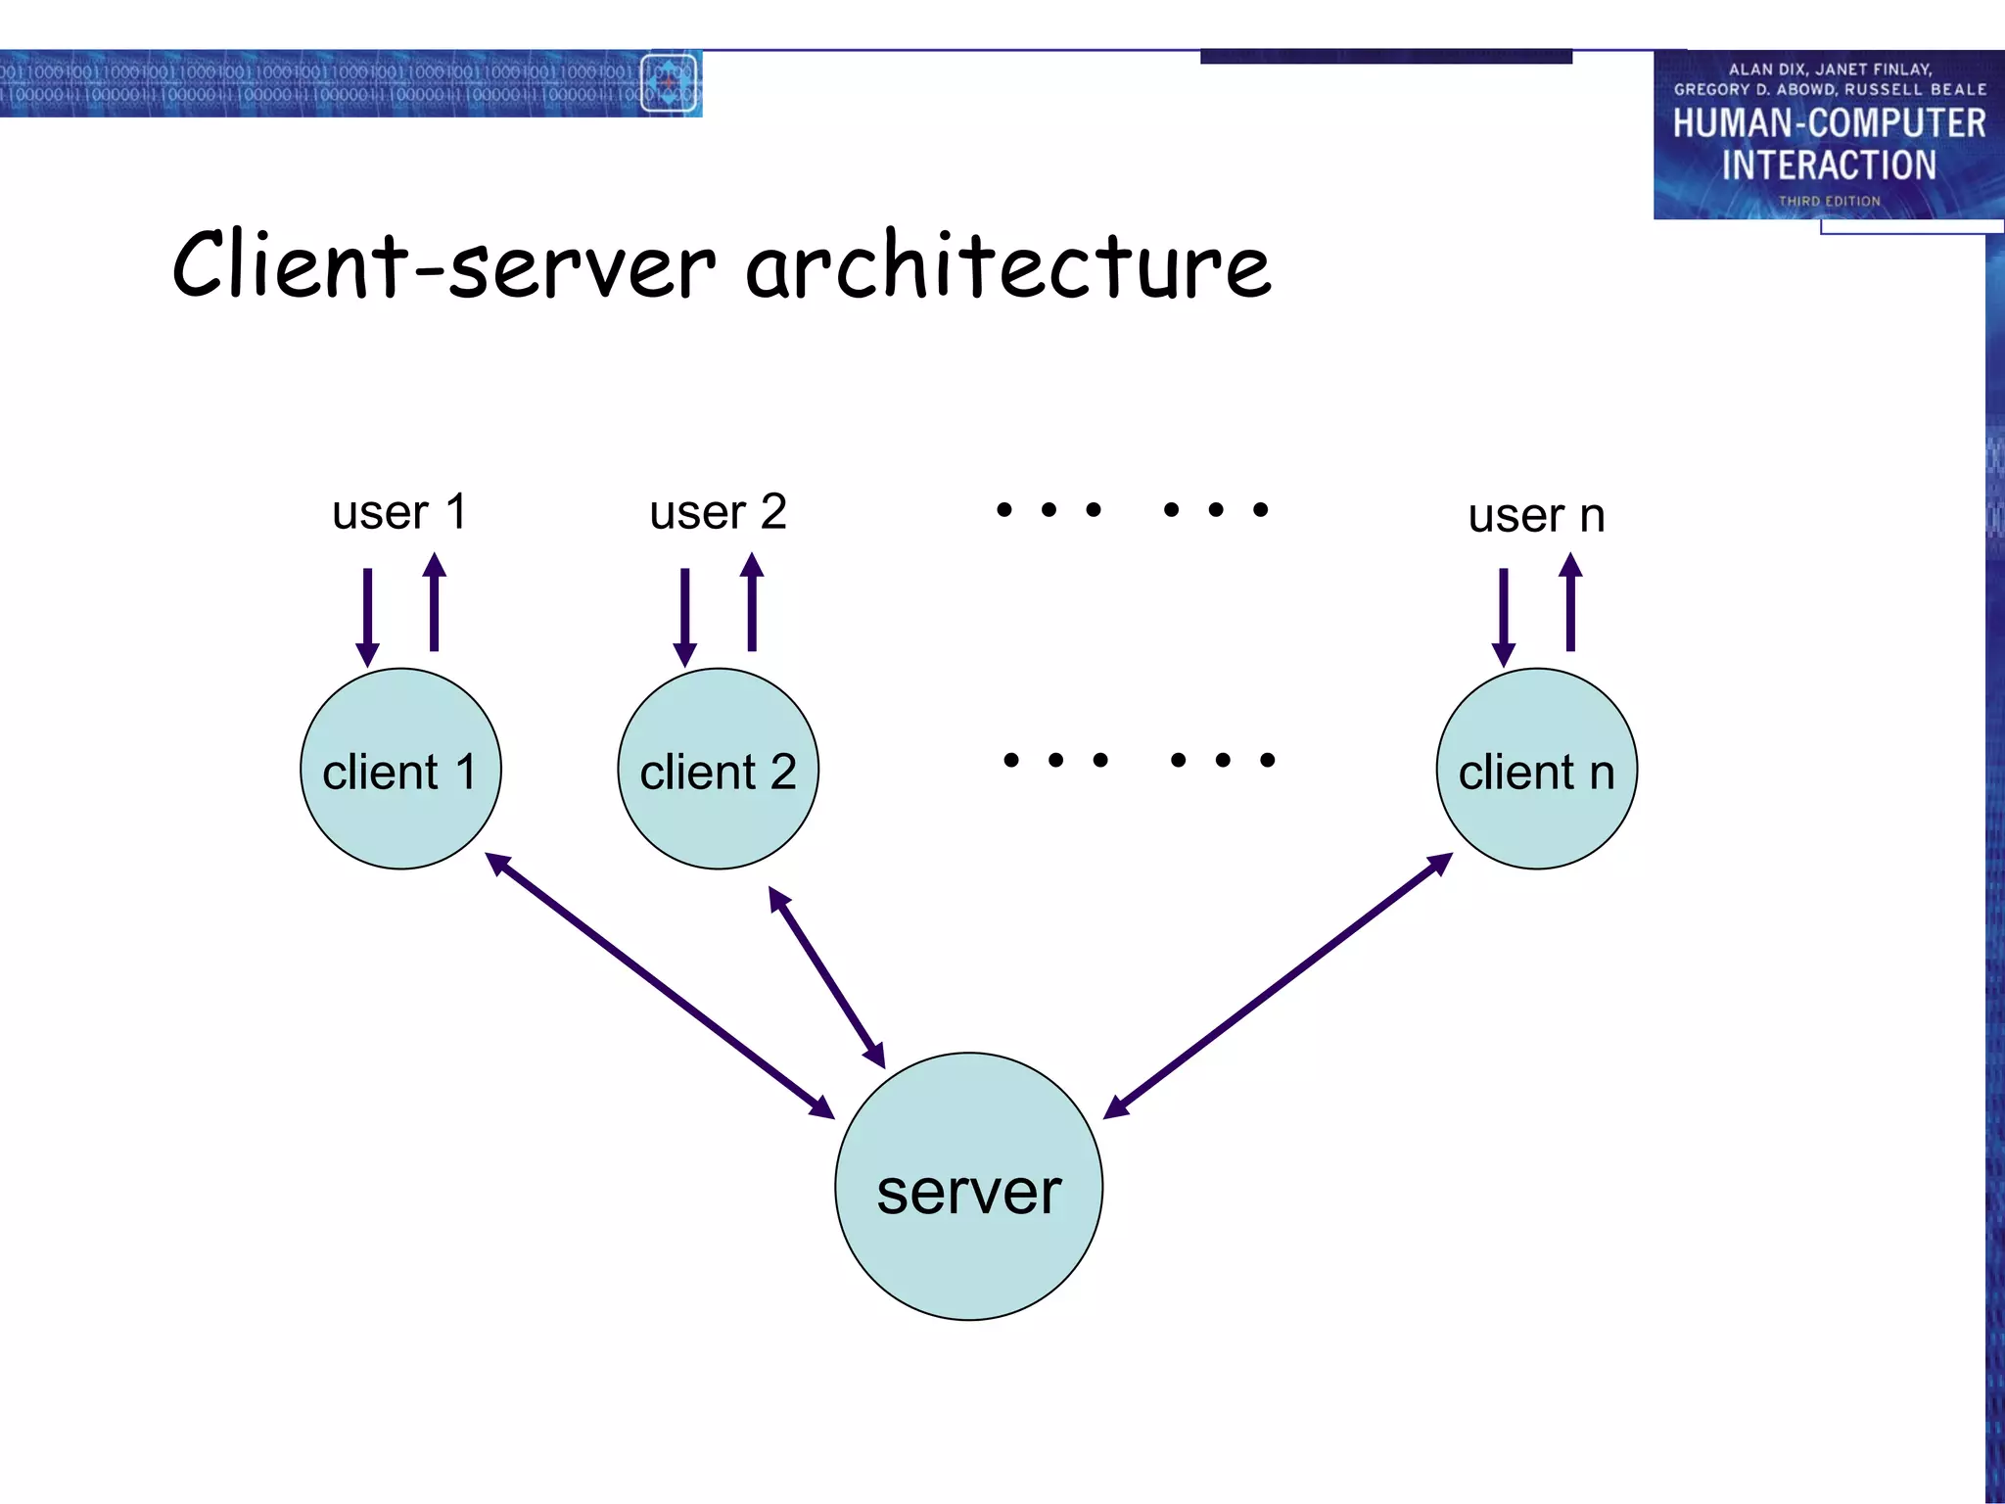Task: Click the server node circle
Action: click(x=968, y=1187)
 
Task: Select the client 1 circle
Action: click(x=400, y=770)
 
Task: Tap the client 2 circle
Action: click(x=718, y=770)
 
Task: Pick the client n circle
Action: click(x=1536, y=770)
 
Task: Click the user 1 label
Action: click(x=399, y=512)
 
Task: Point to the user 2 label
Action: click(x=718, y=512)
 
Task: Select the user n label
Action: click(x=1536, y=516)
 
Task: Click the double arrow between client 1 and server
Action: click(x=660, y=985)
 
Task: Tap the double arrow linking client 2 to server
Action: click(x=826, y=977)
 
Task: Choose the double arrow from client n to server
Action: click(x=1278, y=985)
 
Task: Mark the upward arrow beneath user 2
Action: click(x=752, y=602)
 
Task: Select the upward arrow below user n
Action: click(x=1570, y=602)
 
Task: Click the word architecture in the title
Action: click(x=1008, y=266)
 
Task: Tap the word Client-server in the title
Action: click(x=444, y=266)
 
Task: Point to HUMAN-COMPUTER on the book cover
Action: click(x=1829, y=124)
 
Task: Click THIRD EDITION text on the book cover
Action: click(x=1829, y=201)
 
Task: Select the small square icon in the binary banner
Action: click(x=669, y=83)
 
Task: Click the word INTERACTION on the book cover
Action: click(x=1829, y=165)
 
